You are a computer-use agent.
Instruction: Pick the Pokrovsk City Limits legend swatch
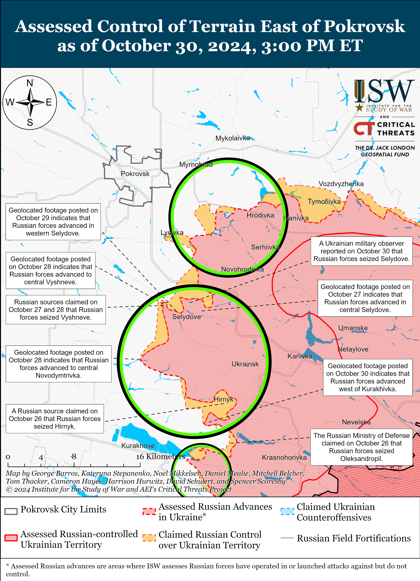pyautogui.click(x=11, y=511)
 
